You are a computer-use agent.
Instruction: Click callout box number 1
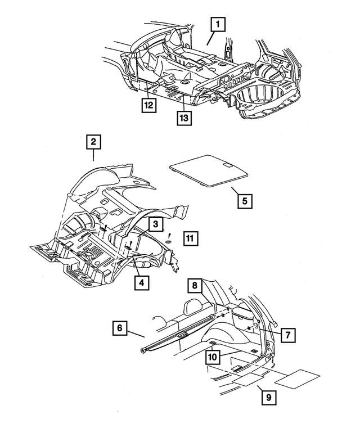(x=218, y=25)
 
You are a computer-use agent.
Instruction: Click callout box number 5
(x=244, y=200)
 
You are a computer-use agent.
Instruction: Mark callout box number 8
(x=194, y=286)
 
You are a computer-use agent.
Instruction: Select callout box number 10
(x=211, y=356)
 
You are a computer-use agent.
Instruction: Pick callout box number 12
(x=148, y=105)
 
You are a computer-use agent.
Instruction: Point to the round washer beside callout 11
(x=168, y=242)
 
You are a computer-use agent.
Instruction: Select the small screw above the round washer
(x=169, y=234)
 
